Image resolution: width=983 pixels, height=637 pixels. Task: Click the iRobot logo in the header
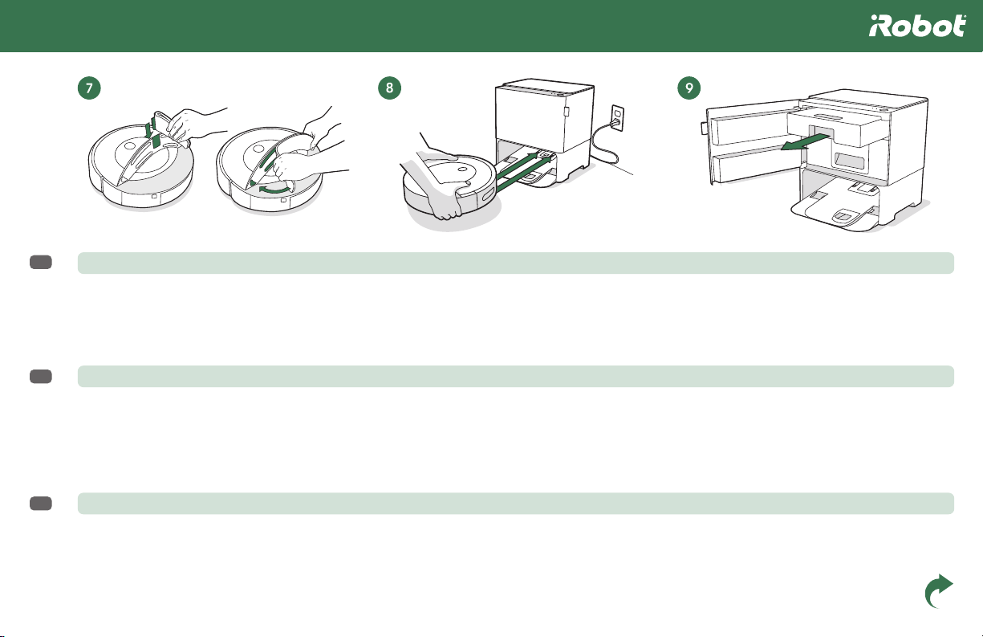click(917, 26)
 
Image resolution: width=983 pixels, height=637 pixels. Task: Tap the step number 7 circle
click(89, 88)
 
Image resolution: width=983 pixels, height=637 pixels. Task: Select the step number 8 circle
click(389, 88)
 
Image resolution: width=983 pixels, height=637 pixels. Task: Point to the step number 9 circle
click(689, 88)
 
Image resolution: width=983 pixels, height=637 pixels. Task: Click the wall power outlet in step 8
click(618, 117)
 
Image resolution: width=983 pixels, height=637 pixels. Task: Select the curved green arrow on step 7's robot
click(275, 190)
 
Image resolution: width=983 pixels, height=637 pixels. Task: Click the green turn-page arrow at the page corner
click(938, 591)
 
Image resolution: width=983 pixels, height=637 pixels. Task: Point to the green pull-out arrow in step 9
click(806, 143)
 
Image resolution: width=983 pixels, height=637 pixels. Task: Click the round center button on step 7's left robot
click(130, 146)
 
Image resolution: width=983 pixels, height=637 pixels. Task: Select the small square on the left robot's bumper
click(154, 197)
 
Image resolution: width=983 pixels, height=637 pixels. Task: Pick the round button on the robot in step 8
click(462, 169)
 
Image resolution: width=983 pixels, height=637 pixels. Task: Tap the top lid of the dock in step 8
click(545, 87)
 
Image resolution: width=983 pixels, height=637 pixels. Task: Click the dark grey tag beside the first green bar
click(41, 262)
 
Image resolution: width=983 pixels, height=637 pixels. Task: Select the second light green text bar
click(516, 376)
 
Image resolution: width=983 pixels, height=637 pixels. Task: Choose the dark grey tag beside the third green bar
click(41, 504)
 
